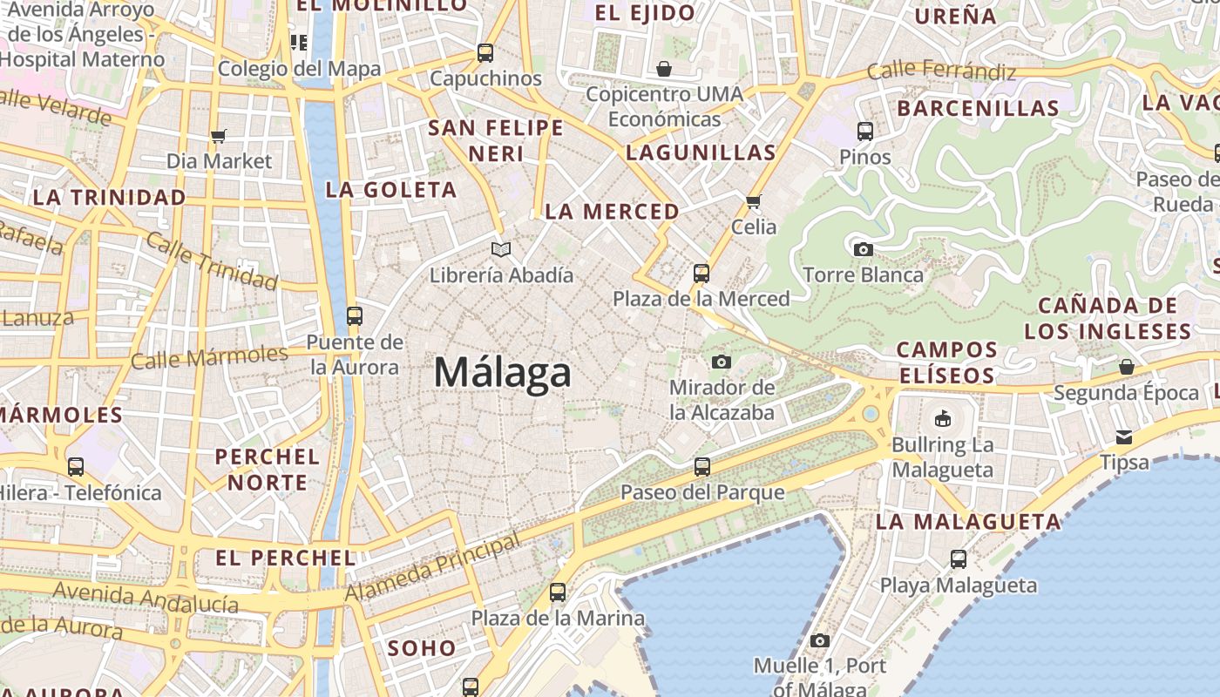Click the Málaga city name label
pyautogui.click(x=503, y=373)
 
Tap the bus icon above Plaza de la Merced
pyautogui.click(x=701, y=274)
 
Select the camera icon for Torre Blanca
pyautogui.click(x=863, y=250)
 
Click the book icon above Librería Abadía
pyautogui.click(x=500, y=250)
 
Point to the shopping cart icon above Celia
pyautogui.click(x=754, y=201)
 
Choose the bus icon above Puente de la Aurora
pyautogui.click(x=354, y=315)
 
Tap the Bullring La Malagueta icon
pyautogui.click(x=942, y=419)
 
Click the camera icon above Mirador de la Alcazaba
pyautogui.click(x=722, y=362)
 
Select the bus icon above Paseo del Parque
pyautogui.click(x=702, y=467)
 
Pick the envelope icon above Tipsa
pyautogui.click(x=1124, y=436)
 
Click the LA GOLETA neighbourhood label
pyautogui.click(x=390, y=190)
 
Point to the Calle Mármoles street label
pyautogui.click(x=209, y=356)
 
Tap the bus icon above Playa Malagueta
pyautogui.click(x=959, y=559)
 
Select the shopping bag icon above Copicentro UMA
pyautogui.click(x=664, y=69)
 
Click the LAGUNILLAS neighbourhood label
pyautogui.click(x=701, y=152)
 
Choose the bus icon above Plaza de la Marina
pyautogui.click(x=558, y=592)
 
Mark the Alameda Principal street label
pyautogui.click(x=433, y=567)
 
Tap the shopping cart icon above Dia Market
pyautogui.click(x=219, y=136)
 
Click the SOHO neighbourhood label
pyautogui.click(x=422, y=648)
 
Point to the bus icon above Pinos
pyautogui.click(x=865, y=132)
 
